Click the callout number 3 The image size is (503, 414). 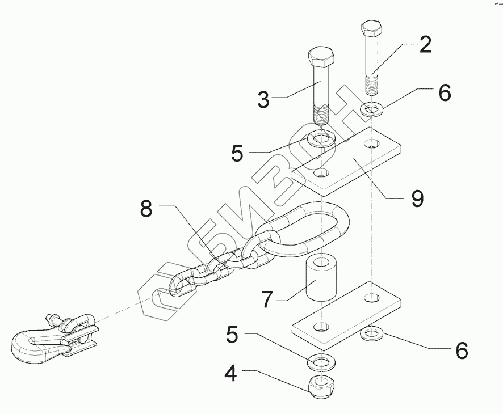point(262,99)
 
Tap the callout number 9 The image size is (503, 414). point(417,198)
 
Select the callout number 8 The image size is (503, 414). point(146,209)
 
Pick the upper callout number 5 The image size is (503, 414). point(237,153)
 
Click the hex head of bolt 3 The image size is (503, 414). point(321,57)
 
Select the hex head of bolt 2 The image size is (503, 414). point(372,28)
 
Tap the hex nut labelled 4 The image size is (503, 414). point(321,387)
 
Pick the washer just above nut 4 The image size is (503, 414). point(321,361)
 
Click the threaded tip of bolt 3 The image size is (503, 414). point(322,116)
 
